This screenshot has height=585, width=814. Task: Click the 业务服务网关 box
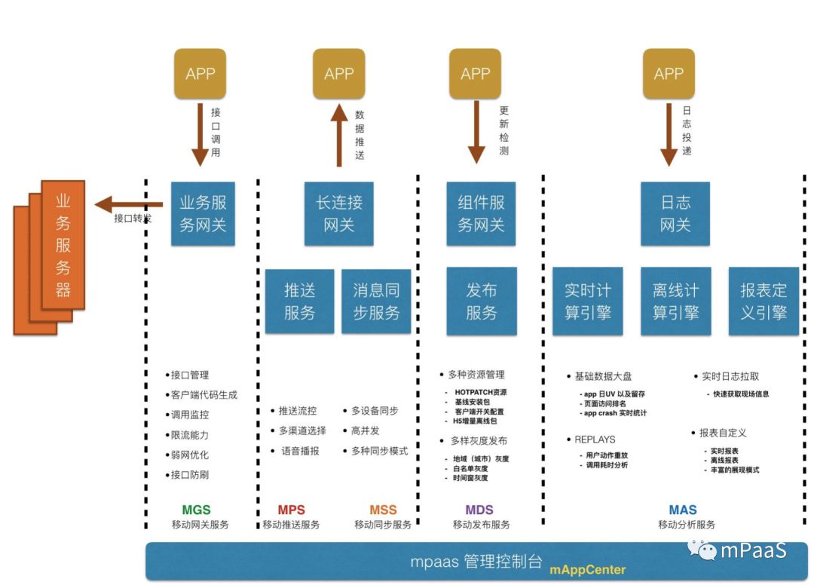click(203, 213)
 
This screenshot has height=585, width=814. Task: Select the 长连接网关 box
click(338, 213)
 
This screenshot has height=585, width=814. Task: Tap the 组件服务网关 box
click(481, 213)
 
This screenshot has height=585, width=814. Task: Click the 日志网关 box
click(675, 213)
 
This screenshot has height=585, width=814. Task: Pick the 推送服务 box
click(299, 301)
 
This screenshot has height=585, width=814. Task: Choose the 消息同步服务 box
click(376, 301)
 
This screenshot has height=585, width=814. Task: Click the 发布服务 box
click(481, 301)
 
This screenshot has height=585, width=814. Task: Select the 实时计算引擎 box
click(588, 301)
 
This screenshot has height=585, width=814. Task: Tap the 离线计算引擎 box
click(675, 301)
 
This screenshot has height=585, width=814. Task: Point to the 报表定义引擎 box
click(764, 301)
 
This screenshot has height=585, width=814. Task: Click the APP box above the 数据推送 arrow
click(338, 74)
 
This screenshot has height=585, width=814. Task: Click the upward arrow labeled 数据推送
click(338, 136)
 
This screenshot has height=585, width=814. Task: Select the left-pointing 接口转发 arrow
click(128, 204)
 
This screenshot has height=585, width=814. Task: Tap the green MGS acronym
click(196, 510)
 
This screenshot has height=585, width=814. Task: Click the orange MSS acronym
click(383, 510)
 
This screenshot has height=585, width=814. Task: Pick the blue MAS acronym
click(683, 510)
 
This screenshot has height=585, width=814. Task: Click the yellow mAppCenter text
click(588, 569)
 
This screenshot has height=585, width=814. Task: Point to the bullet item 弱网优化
click(189, 455)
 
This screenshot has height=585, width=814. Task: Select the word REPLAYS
click(594, 439)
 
